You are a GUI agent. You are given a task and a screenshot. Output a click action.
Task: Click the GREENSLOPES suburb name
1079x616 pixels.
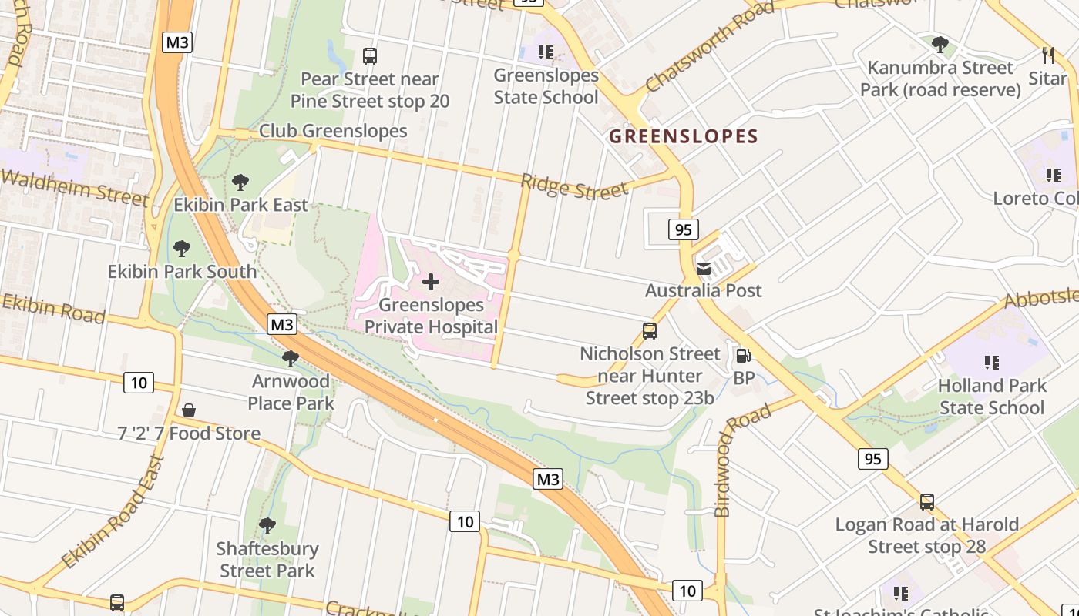pyautogui.click(x=684, y=137)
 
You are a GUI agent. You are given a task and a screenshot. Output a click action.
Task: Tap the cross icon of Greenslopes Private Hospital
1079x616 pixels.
pyautogui.click(x=431, y=282)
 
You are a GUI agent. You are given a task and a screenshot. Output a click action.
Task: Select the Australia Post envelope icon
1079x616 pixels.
pyautogui.click(x=704, y=269)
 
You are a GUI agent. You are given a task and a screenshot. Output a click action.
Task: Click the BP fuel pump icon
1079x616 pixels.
pyautogui.click(x=744, y=356)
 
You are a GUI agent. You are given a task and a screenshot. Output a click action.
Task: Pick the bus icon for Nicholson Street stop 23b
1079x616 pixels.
pyautogui.click(x=650, y=331)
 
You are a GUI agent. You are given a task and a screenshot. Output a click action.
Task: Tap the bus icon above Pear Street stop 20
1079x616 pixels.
pyautogui.click(x=370, y=56)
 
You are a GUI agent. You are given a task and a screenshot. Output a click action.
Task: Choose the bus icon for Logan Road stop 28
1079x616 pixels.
pyautogui.click(x=927, y=502)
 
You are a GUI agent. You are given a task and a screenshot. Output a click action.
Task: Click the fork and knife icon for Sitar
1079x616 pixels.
pyautogui.click(x=1047, y=55)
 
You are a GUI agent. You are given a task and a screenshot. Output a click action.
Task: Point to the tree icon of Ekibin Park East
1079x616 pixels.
pyautogui.click(x=240, y=182)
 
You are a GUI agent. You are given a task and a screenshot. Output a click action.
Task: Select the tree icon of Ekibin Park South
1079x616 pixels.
pyautogui.click(x=182, y=249)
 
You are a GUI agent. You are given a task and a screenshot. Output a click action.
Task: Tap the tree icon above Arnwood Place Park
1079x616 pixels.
pyautogui.click(x=291, y=358)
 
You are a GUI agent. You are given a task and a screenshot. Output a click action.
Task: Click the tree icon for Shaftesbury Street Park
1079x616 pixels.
pyautogui.click(x=267, y=526)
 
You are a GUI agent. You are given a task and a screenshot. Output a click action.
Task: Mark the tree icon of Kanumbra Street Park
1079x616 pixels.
pyautogui.click(x=940, y=45)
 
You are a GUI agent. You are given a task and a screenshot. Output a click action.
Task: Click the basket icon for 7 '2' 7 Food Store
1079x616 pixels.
pyautogui.click(x=189, y=411)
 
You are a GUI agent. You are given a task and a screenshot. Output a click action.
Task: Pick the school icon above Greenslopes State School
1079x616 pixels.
pyautogui.click(x=546, y=52)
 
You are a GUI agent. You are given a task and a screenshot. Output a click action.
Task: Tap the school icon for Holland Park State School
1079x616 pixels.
pyautogui.click(x=992, y=362)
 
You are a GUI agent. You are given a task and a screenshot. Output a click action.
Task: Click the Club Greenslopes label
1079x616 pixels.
pyautogui.click(x=333, y=131)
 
